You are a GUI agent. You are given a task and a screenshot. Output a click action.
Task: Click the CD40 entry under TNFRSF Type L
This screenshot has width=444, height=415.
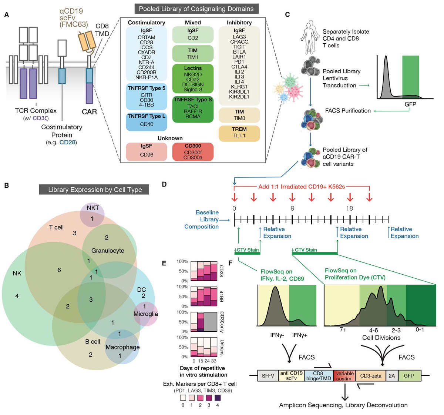coord(147,124)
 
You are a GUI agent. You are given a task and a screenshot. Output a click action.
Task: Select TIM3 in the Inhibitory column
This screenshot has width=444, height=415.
coord(239,118)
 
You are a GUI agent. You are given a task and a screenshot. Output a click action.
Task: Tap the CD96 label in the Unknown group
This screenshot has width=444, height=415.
coord(147,155)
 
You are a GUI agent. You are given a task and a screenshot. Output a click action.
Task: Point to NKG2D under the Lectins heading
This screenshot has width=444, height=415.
coord(193,74)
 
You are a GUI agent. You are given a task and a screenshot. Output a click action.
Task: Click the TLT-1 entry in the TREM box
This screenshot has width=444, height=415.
coord(239,135)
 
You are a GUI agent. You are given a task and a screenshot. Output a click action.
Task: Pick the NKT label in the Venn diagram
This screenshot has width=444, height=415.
coord(93,208)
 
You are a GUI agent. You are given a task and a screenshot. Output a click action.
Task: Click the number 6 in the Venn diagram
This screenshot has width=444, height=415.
coord(59,270)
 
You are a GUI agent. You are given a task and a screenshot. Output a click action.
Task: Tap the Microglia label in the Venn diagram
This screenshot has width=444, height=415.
coord(145,314)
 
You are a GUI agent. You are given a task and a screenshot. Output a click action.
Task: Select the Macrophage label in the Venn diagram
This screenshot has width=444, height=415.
coord(122,347)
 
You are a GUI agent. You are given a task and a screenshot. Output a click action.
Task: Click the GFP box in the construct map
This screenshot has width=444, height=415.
coord(409,376)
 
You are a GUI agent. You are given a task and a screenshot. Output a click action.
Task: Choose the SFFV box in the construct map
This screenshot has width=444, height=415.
coord(268,376)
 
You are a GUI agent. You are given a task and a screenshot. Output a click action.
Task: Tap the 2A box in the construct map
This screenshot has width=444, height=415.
coord(391,376)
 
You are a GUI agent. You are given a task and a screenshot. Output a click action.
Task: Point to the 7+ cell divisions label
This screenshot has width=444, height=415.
coord(343,329)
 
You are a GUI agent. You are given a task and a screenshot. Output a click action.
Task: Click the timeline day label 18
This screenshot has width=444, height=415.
coord(349,208)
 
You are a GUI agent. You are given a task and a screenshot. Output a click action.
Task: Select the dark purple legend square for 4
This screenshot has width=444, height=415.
coord(217,398)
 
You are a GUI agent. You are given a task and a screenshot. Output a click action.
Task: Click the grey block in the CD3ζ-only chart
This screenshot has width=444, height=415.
coord(211,321)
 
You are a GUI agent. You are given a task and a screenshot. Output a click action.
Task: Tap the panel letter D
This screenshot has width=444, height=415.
coord(164,184)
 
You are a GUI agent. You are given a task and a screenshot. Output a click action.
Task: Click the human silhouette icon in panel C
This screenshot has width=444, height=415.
coord(309,37)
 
